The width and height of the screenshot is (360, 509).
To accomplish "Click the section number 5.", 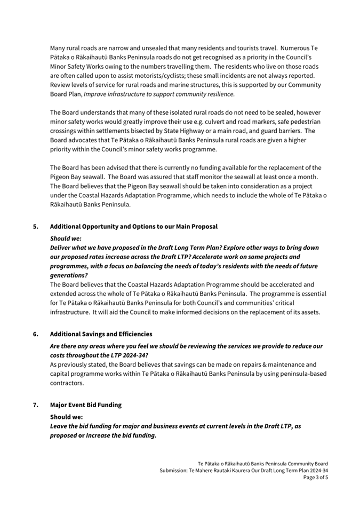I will pyautogui.click(x=35, y=227).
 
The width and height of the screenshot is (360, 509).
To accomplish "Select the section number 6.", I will pyautogui.click(x=35, y=334).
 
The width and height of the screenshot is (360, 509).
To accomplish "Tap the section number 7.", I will pyautogui.click(x=35, y=405).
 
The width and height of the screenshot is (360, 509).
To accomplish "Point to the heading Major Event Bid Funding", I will pyautogui.click(x=85, y=405).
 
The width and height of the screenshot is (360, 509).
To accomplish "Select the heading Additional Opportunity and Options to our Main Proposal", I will pyautogui.click(x=133, y=227).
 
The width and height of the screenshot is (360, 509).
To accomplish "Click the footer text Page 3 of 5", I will pyautogui.click(x=316, y=478).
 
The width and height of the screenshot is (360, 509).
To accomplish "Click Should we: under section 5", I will pyautogui.click(x=66, y=239).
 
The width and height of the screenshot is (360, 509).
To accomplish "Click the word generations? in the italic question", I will pyautogui.click(x=68, y=276).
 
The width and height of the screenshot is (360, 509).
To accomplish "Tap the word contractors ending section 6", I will pyautogui.click(x=67, y=383).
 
